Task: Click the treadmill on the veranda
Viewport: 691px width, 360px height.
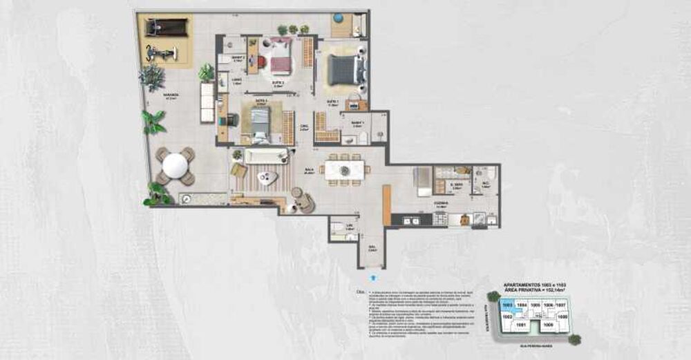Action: tap(166, 28)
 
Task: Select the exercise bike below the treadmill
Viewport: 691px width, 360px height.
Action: tap(164, 53)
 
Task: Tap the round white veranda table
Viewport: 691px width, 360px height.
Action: tap(175, 166)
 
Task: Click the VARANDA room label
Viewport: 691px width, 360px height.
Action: tap(171, 95)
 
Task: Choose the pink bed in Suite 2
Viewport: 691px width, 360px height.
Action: tap(281, 57)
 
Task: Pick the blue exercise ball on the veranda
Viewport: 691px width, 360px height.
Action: tap(339, 17)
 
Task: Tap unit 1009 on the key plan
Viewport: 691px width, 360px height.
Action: tap(549, 323)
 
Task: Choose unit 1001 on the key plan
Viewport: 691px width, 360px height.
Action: tap(522, 323)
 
